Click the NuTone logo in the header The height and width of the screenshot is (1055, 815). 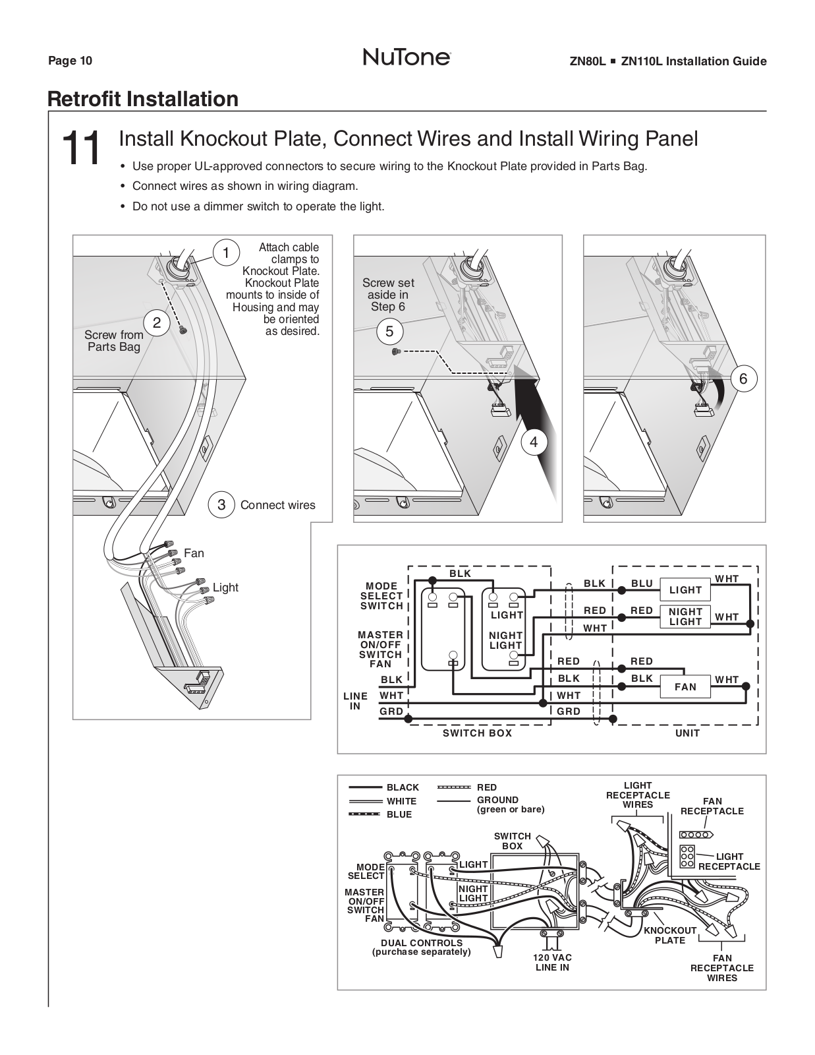(x=407, y=58)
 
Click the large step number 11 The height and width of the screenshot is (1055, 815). (x=81, y=148)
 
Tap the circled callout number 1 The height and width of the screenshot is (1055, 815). (x=225, y=253)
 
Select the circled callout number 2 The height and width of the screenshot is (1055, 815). (x=157, y=323)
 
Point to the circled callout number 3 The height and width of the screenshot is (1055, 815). (x=221, y=505)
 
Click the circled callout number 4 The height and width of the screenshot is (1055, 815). (x=534, y=442)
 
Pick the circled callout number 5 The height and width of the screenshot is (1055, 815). (x=389, y=332)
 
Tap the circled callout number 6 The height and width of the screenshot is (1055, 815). (x=743, y=378)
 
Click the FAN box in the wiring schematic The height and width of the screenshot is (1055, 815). (x=685, y=686)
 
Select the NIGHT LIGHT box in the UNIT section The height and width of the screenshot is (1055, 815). (x=685, y=617)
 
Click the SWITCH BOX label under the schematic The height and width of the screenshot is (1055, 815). (x=477, y=733)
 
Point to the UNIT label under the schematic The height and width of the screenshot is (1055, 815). (x=687, y=733)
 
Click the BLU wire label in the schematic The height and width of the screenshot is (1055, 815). (x=641, y=584)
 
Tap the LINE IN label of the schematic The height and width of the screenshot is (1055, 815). (x=355, y=701)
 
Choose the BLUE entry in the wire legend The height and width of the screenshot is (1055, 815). (x=399, y=814)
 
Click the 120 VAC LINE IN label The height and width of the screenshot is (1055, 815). (x=552, y=962)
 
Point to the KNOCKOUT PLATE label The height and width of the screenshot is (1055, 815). (x=670, y=935)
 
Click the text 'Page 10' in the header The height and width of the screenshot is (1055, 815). (x=70, y=61)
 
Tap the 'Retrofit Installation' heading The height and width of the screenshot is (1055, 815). (x=143, y=99)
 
